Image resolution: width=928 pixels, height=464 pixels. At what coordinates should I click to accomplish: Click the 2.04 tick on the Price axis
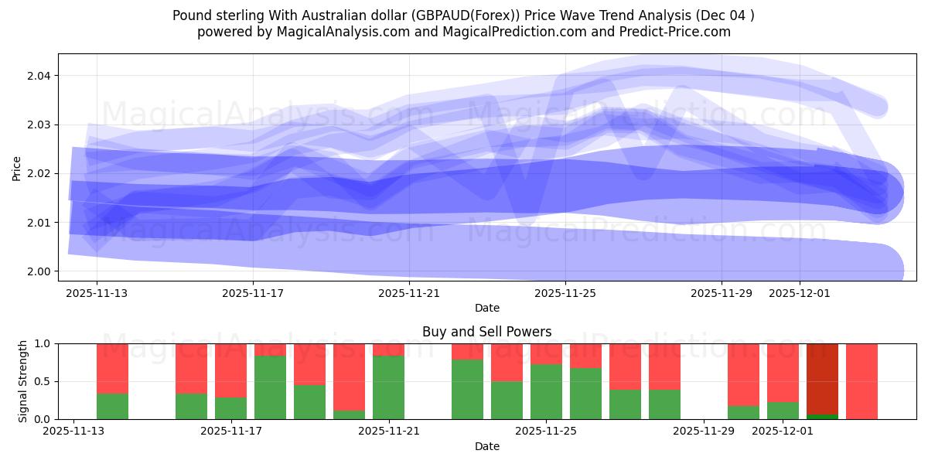pos(39,76)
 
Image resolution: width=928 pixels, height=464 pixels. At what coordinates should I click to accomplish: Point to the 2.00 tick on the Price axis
pos(39,271)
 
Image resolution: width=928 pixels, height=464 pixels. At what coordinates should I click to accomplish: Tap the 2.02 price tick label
pos(39,173)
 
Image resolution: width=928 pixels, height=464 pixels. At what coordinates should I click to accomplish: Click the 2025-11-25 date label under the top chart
pos(565,293)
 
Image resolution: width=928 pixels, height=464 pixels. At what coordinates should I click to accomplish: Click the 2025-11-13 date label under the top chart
pos(97,293)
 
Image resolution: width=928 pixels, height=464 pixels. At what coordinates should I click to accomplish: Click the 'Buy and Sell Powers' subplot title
pos(486,332)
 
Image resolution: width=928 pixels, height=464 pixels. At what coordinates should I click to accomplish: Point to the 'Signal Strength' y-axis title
pos(23,380)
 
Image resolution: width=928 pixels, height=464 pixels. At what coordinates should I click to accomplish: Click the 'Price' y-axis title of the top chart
pos(17,168)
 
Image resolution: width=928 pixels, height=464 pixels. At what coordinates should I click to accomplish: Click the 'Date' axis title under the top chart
pos(486,308)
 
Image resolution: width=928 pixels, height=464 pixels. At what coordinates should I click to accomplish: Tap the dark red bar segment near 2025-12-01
pos(822,379)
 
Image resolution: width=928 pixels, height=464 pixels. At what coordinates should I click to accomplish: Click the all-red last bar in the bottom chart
pos(861,381)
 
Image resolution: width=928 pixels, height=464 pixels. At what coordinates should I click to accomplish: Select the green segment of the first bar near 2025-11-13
pos(112,406)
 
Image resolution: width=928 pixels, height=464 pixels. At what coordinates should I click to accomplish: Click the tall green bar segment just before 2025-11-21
pos(388,387)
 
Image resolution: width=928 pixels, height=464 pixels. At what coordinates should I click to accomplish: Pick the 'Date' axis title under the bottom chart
pos(486,446)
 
